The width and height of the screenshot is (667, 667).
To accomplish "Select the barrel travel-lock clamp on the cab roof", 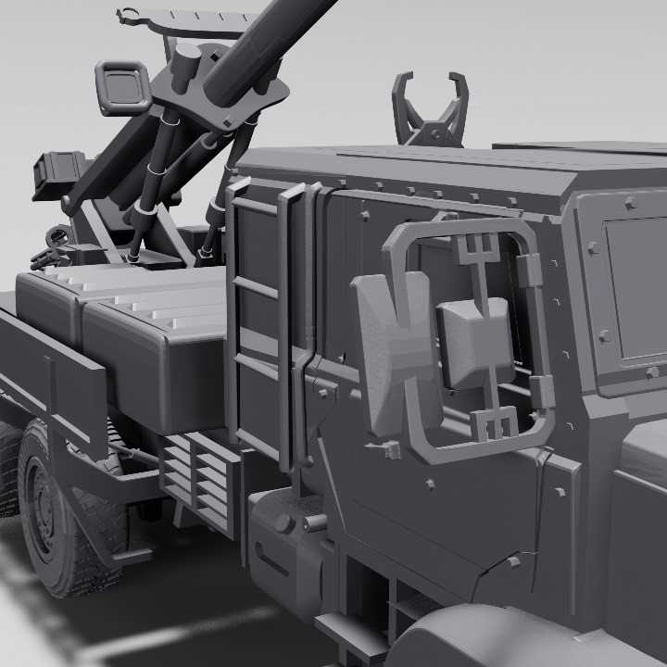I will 429,111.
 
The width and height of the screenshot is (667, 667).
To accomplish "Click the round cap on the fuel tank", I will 285,522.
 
